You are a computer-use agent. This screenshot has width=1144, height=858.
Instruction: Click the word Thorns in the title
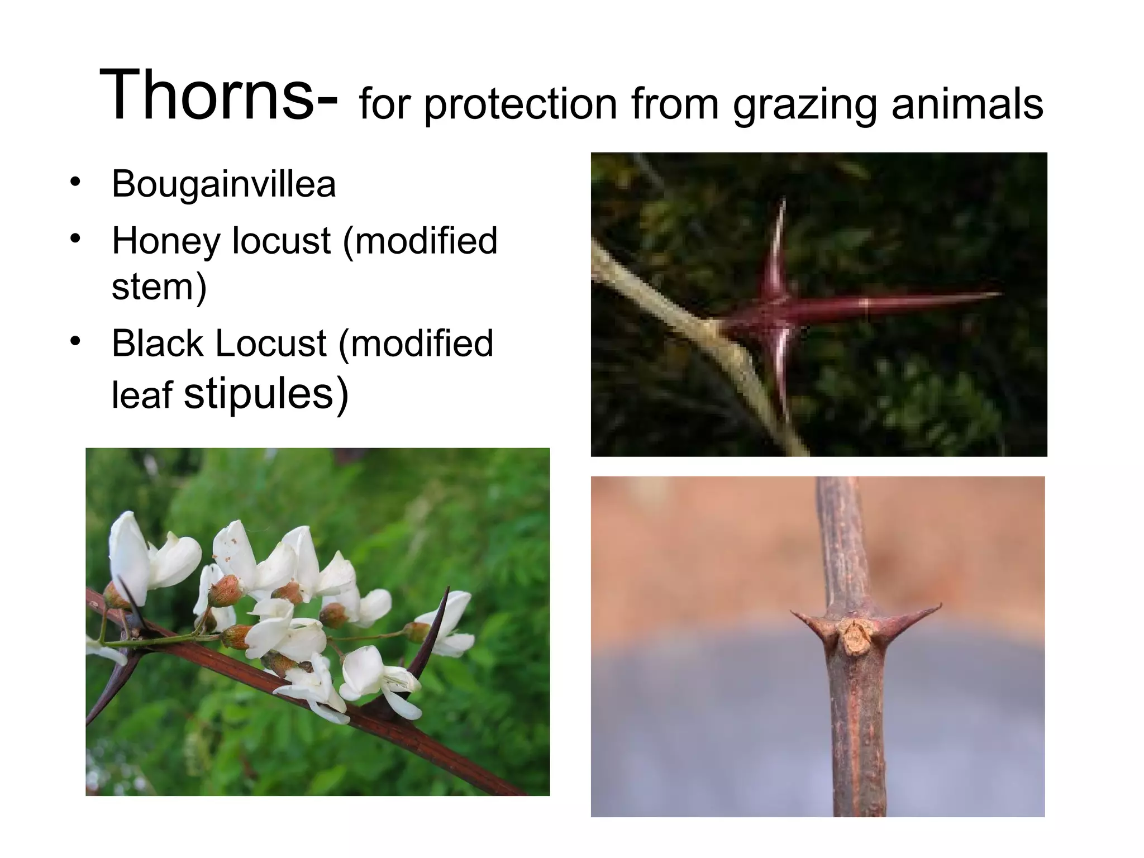tap(207, 95)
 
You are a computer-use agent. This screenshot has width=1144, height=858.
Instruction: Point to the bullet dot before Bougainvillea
tap(75, 182)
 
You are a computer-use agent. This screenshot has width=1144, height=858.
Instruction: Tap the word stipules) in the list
tap(266, 393)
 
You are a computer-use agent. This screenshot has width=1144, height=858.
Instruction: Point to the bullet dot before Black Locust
tap(75, 340)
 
